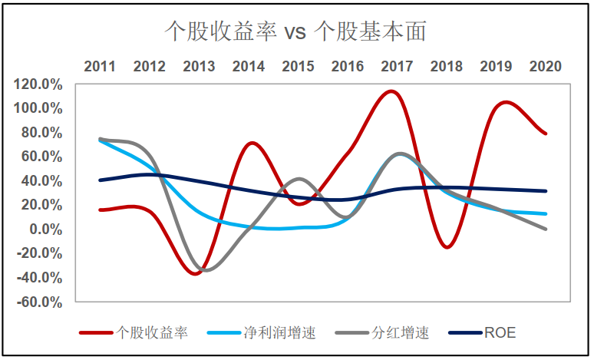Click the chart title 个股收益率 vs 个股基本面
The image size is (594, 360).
click(x=296, y=31)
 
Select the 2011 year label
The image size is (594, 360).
click(x=100, y=67)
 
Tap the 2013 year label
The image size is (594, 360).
click(x=199, y=67)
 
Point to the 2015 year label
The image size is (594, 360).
click(x=298, y=67)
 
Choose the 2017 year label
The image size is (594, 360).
click(x=397, y=67)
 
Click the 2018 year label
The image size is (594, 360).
click(x=446, y=67)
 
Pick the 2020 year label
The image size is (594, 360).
click(x=545, y=67)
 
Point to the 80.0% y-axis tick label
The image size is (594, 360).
click(x=43, y=132)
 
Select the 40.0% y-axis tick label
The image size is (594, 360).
click(x=43, y=180)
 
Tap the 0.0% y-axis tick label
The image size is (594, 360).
click(x=46, y=229)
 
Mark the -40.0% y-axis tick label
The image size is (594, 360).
click(x=41, y=277)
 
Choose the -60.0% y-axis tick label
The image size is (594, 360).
click(x=41, y=302)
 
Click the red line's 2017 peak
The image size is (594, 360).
click(x=391, y=91)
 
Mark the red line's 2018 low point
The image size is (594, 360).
click(x=447, y=246)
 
